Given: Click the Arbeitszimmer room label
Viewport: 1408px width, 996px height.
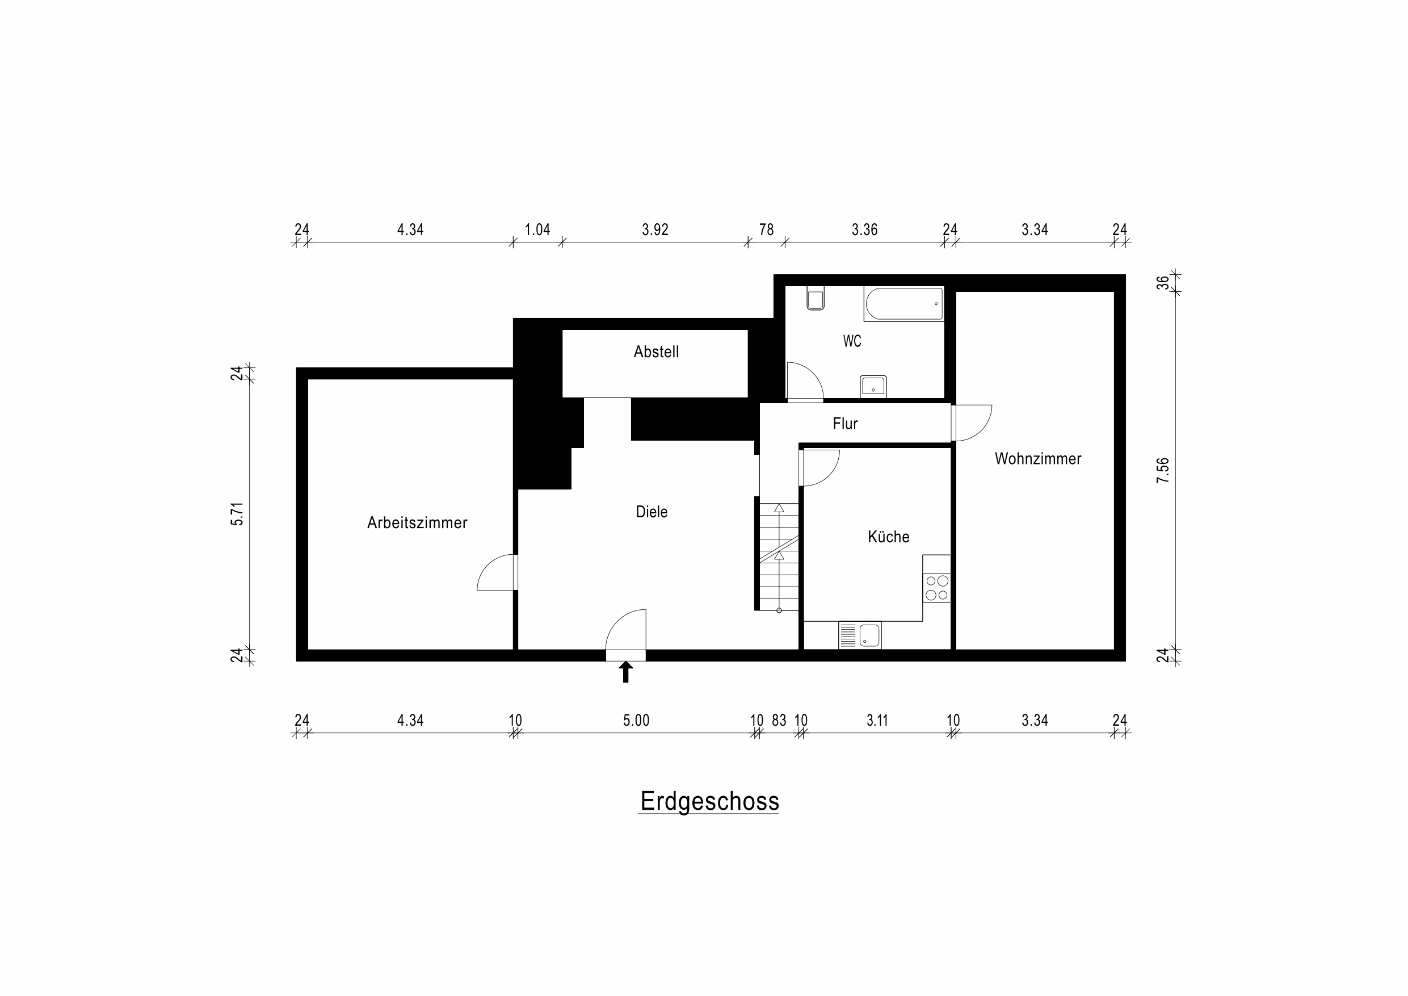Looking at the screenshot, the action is pyautogui.click(x=417, y=523).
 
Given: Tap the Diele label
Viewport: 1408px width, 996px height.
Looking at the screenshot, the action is pyautogui.click(x=652, y=512).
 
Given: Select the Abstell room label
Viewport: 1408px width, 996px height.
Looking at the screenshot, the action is pyautogui.click(x=656, y=351).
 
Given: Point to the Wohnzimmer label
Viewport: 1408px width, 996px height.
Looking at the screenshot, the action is pyautogui.click(x=1037, y=458).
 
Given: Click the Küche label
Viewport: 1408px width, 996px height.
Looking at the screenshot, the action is pyautogui.click(x=888, y=537).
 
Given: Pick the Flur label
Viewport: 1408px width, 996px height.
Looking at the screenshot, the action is pyautogui.click(x=845, y=424).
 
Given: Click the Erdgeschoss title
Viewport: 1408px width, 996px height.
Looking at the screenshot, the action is pyautogui.click(x=709, y=801).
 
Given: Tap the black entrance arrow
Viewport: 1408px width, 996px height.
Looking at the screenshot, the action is pyautogui.click(x=625, y=671).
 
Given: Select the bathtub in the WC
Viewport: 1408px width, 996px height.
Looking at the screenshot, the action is pyautogui.click(x=903, y=304).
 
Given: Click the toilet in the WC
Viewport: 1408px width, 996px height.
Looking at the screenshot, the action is pyautogui.click(x=815, y=298).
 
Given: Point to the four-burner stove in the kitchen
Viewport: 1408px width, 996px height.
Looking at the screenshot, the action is pyautogui.click(x=936, y=587).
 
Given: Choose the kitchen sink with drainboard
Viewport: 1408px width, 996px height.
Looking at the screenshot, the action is pyautogui.click(x=860, y=635).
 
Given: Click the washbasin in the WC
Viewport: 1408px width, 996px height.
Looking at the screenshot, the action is pyautogui.click(x=873, y=386).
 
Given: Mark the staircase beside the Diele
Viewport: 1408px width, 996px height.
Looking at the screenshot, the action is pyautogui.click(x=779, y=557).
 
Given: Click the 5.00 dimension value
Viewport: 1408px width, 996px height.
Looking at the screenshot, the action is pyautogui.click(x=636, y=720).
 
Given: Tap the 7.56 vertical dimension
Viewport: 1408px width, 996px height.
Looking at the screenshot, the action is pyautogui.click(x=1163, y=470).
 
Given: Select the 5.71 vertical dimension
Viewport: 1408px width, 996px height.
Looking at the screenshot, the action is pyautogui.click(x=237, y=514).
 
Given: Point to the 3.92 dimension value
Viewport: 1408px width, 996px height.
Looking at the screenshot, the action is pyautogui.click(x=654, y=229).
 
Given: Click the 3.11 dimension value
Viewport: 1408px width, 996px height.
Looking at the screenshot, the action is pyautogui.click(x=877, y=720).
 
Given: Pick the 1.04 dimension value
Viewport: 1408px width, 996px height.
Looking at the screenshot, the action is pyautogui.click(x=537, y=229).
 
